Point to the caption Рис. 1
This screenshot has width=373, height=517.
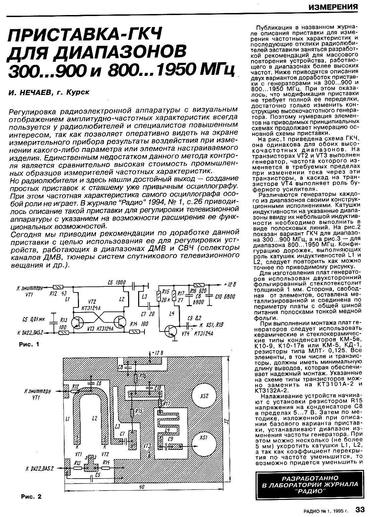click(x=30, y=344)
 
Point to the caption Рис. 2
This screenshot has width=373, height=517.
click(x=31, y=497)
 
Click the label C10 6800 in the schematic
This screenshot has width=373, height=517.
click(x=225, y=296)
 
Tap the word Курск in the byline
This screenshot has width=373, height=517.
click(x=77, y=93)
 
